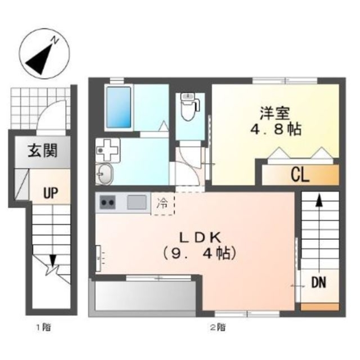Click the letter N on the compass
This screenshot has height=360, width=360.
55,41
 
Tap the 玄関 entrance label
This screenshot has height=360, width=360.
43,151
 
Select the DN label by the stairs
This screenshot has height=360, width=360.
319,283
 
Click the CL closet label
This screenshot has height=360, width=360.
300,175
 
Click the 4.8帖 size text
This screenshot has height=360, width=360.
275,130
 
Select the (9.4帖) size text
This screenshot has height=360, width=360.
199,253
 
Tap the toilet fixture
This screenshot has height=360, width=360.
190,106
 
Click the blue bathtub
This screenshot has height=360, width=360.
118,107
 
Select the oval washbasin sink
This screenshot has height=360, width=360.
105,174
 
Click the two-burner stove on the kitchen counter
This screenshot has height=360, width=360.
107,202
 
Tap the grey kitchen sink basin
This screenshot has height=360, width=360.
137,202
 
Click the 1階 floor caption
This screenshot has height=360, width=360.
44,327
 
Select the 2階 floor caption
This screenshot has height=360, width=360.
218,327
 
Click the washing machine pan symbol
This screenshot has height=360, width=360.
107,150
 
